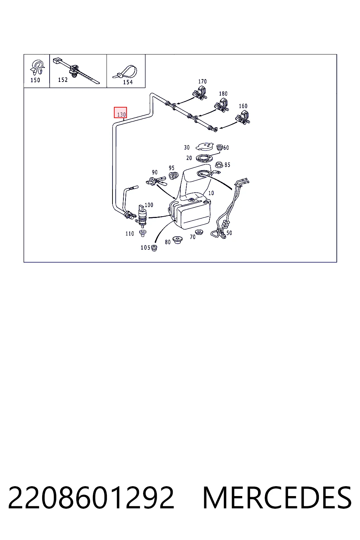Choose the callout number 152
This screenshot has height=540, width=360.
(63, 80)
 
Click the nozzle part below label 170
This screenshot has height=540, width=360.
(200, 94)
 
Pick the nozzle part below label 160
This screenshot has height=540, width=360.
(243, 118)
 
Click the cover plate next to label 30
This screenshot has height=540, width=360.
(205, 146)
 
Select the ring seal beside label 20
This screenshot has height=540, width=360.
(205, 159)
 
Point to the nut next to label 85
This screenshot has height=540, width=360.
(219, 165)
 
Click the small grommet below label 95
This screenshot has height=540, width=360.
(173, 175)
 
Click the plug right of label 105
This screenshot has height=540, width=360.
(154, 247)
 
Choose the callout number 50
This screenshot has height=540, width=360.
(229, 233)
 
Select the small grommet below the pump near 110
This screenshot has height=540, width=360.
(143, 233)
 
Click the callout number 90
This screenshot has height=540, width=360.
(155, 172)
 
